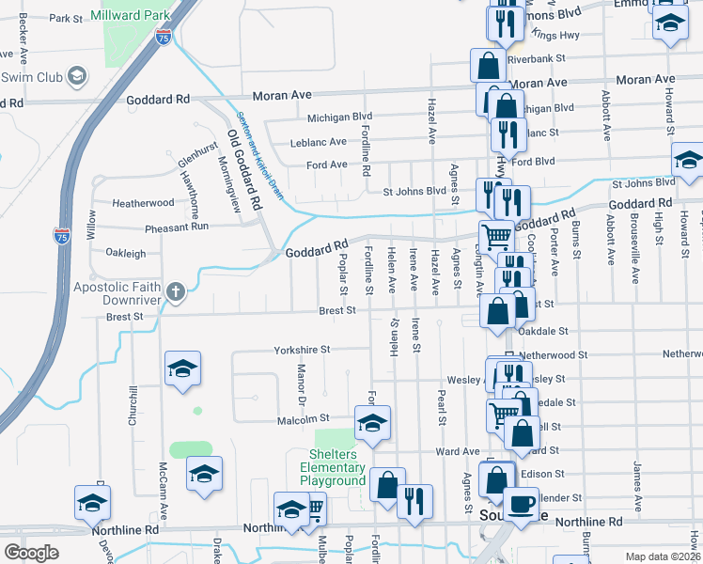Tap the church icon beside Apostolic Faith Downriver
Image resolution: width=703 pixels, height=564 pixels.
[x=176, y=291]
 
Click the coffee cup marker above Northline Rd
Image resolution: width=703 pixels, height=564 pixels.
[x=522, y=505]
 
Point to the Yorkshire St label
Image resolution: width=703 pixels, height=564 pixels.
[x=303, y=349]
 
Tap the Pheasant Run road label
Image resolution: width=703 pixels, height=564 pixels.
[x=177, y=227]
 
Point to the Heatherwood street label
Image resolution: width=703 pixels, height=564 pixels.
[x=143, y=202]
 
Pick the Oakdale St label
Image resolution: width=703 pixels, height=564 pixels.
[x=545, y=331]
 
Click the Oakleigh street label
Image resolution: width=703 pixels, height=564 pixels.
[x=126, y=253]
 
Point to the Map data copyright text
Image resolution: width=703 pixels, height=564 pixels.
[x=664, y=556]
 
